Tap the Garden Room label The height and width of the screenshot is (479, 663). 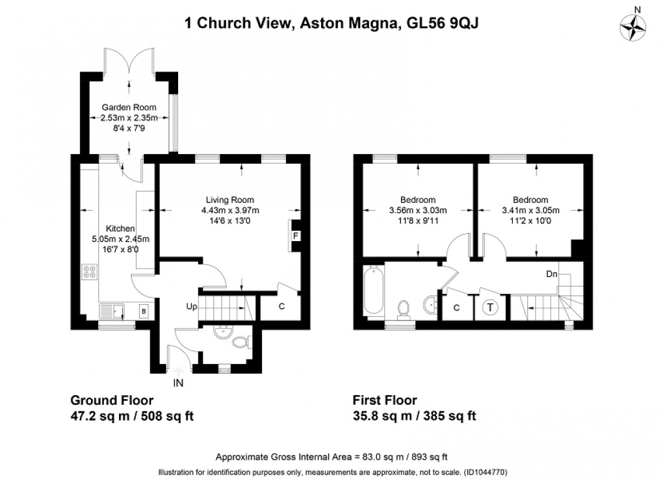[127, 107]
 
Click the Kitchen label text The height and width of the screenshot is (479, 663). [120, 229]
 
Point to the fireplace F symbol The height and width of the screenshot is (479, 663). [295, 236]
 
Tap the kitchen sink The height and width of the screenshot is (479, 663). [113, 312]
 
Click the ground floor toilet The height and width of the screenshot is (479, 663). [241, 342]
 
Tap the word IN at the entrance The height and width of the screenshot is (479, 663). [179, 383]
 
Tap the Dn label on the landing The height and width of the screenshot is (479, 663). [551, 274]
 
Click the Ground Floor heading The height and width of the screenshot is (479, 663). [111, 400]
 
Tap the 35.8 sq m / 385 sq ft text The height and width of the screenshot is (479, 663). [414, 416]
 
